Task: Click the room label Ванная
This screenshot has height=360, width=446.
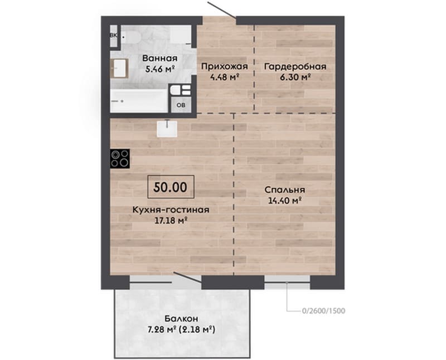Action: tap(160, 59)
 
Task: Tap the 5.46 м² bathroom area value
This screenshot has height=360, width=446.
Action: tap(159, 69)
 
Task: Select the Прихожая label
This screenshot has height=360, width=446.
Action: tap(225, 66)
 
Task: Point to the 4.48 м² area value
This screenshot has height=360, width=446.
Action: tap(224, 77)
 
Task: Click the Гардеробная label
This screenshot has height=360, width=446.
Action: tap(295, 66)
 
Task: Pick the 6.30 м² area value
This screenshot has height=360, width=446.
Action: tap(295, 77)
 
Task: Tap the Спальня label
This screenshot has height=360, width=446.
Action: tap(285, 190)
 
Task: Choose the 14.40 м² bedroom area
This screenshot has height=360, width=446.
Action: tap(285, 201)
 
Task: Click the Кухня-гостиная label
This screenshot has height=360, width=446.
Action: tap(171, 210)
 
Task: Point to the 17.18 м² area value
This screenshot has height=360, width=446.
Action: tap(171, 220)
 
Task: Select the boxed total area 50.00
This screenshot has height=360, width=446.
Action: tap(171, 187)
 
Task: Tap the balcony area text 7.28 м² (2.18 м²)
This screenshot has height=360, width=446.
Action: tap(181, 329)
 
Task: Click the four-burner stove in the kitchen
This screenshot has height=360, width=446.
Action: tap(120, 158)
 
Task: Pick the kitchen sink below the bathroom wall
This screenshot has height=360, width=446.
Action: tap(167, 129)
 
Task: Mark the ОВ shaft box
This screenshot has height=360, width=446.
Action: tap(181, 105)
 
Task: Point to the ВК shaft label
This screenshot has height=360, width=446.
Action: tap(114, 36)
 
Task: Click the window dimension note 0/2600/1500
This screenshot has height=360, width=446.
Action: tap(324, 310)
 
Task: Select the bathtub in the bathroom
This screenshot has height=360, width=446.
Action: tap(139, 101)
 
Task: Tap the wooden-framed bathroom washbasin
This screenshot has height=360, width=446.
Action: tap(120, 68)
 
